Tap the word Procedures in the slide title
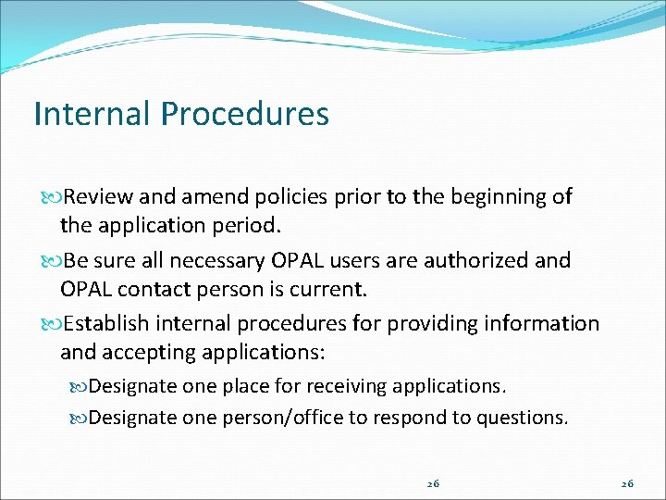[x=244, y=114]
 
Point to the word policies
[x=284, y=197]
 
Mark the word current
[x=331, y=290]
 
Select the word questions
[x=521, y=418]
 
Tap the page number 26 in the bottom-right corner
[x=627, y=483]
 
